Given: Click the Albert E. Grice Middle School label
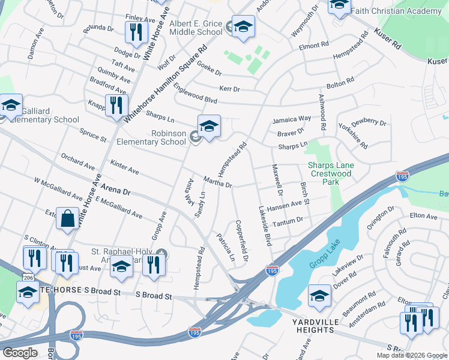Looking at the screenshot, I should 196,28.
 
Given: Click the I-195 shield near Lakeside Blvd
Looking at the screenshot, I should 272,271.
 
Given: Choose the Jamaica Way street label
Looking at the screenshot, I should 292,119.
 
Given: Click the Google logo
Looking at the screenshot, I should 20,353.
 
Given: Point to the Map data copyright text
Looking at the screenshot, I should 412,355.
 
